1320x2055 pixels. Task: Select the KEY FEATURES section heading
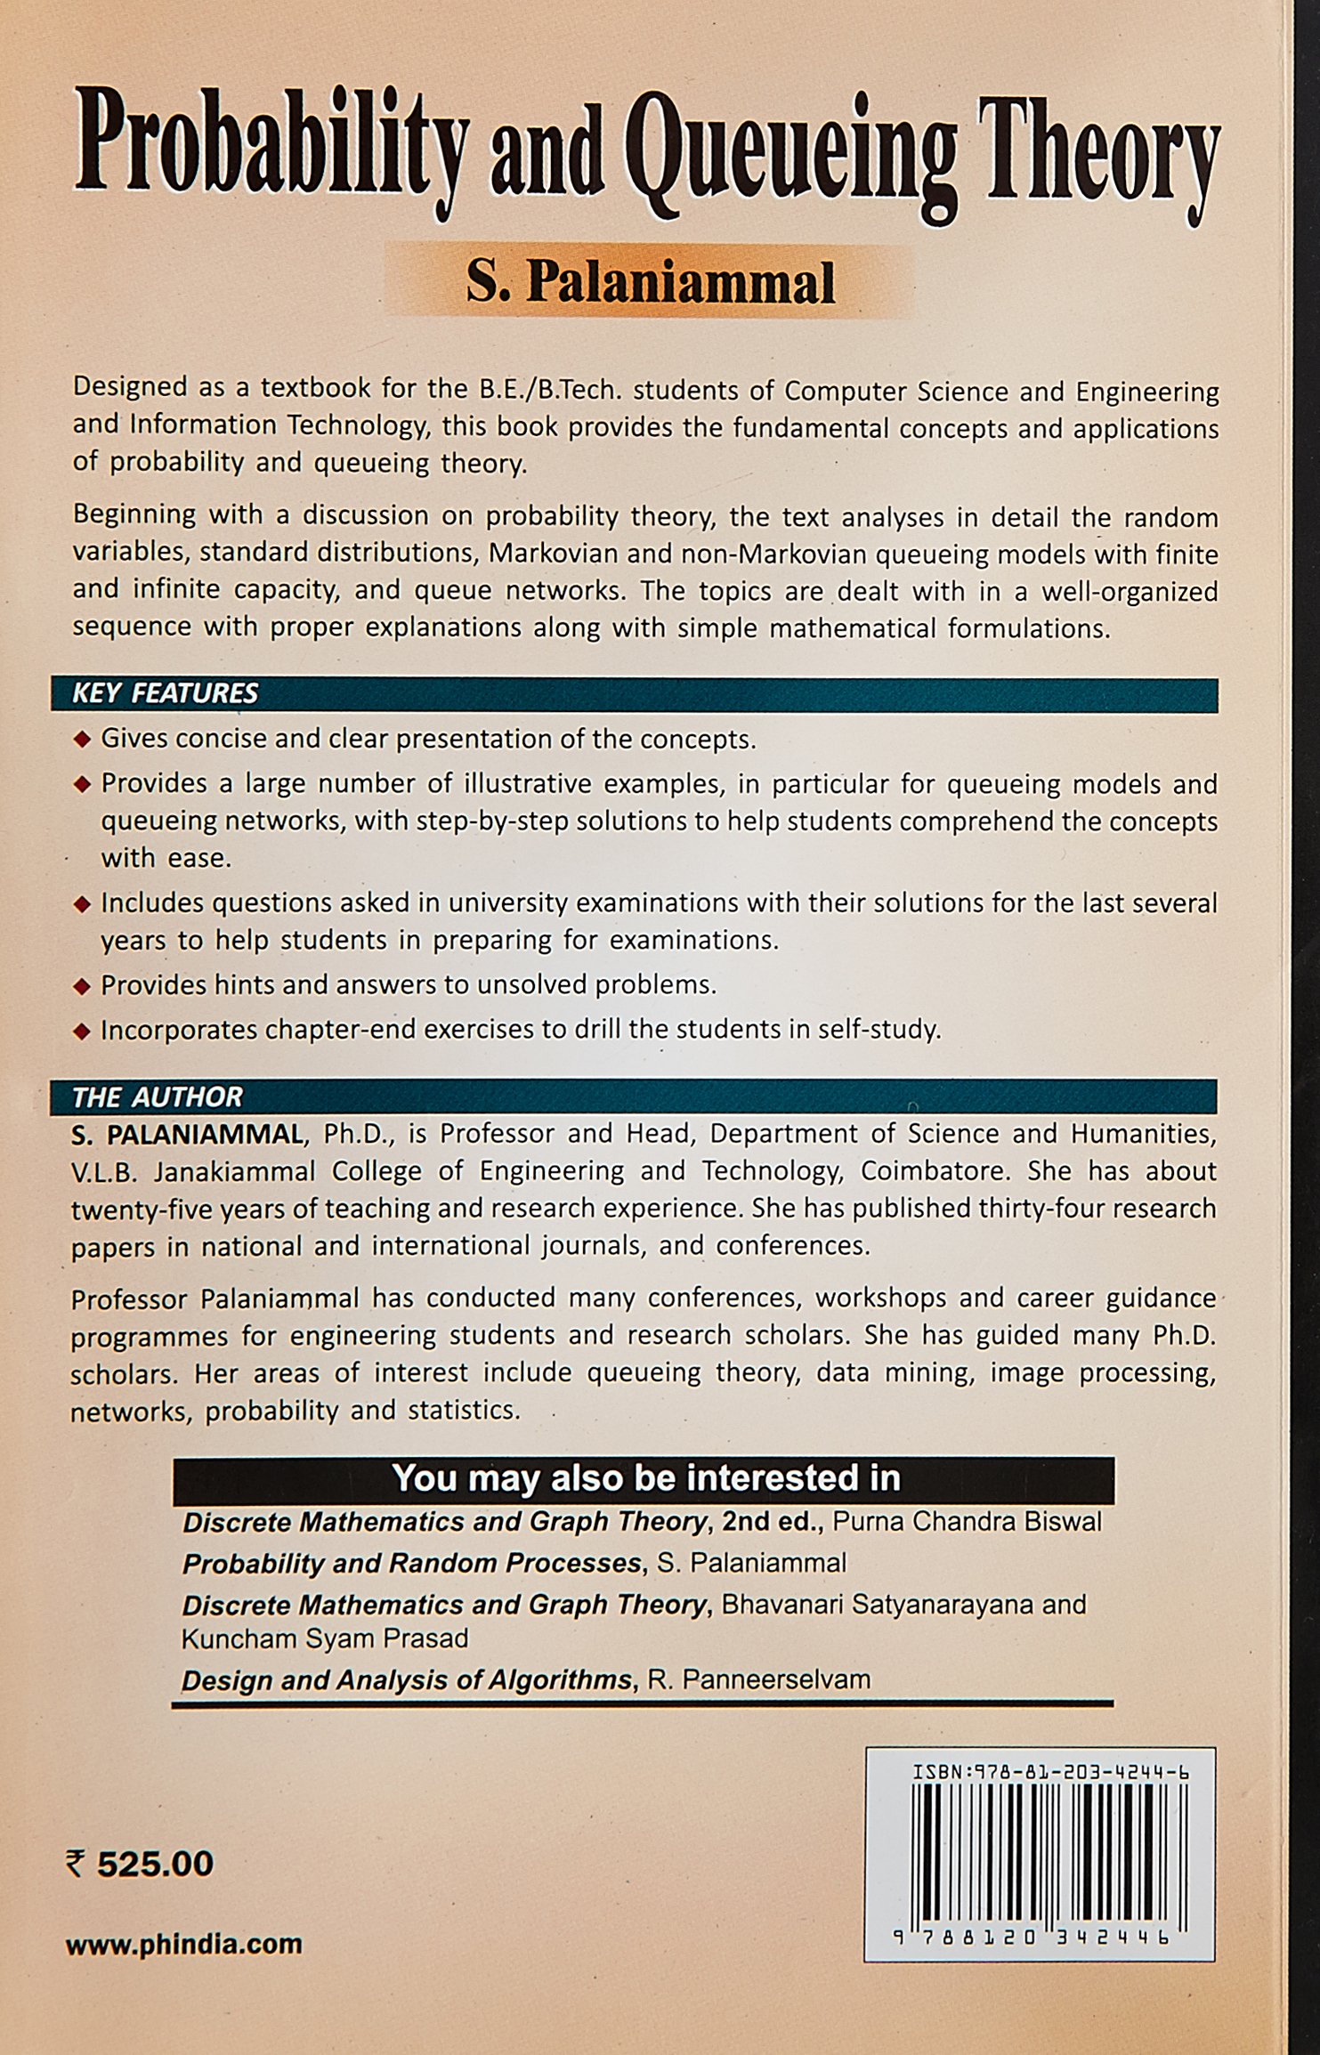click(x=166, y=694)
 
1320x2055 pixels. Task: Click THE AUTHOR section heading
click(x=158, y=1096)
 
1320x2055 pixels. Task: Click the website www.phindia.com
click(x=184, y=1945)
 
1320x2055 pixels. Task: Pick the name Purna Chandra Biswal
click(x=967, y=1522)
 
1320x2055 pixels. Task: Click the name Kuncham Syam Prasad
click(x=325, y=1638)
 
